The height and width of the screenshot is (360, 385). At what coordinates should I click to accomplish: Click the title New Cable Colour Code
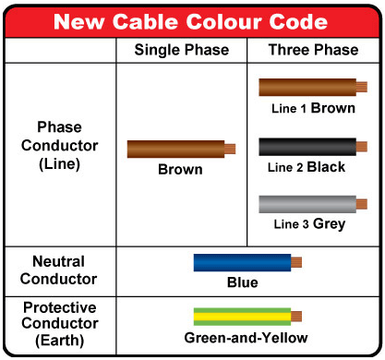pyautogui.click(x=192, y=19)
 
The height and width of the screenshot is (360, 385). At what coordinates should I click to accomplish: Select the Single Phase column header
pyautogui.click(x=181, y=50)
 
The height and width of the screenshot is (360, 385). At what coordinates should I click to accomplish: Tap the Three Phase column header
pyautogui.click(x=314, y=50)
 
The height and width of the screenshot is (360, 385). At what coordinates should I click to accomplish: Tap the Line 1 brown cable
pyautogui.click(x=307, y=88)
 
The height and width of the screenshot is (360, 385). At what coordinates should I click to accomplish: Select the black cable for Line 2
pyautogui.click(x=307, y=146)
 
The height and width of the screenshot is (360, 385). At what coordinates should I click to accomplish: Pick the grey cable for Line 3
pyautogui.click(x=307, y=204)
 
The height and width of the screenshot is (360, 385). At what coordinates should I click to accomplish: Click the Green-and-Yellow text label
pyautogui.click(x=246, y=338)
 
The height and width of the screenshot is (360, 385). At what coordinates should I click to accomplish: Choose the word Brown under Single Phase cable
pyautogui.click(x=180, y=169)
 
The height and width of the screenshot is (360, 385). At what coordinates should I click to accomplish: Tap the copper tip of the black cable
pyautogui.click(x=362, y=146)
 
